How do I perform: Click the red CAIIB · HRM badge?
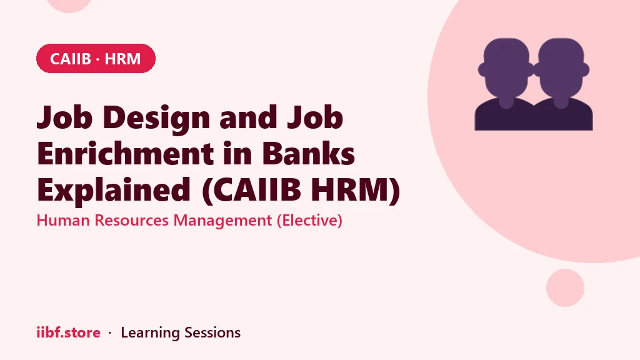(x=96, y=58)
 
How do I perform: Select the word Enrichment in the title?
(x=125, y=154)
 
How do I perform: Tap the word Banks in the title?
(x=308, y=154)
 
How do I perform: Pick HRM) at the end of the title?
(x=355, y=190)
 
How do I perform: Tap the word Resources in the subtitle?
(x=132, y=221)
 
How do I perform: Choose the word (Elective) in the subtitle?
(x=309, y=221)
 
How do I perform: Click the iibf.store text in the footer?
(x=69, y=332)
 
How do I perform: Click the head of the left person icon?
(x=506, y=69)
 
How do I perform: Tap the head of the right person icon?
(x=561, y=69)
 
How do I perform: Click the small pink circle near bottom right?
(x=565, y=287)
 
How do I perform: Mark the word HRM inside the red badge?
(x=122, y=59)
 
